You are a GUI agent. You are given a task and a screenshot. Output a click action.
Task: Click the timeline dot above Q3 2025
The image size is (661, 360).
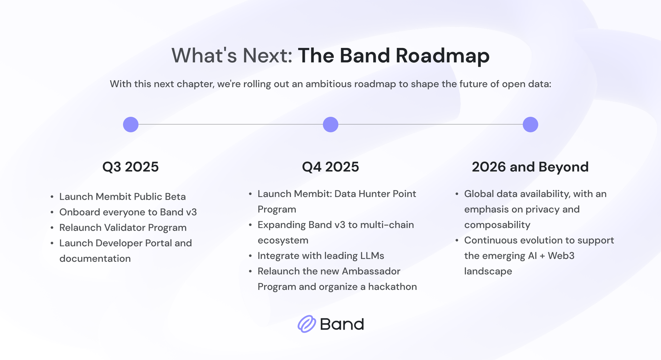[x=131, y=125]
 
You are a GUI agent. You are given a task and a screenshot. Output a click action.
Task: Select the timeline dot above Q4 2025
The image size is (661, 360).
[x=330, y=125]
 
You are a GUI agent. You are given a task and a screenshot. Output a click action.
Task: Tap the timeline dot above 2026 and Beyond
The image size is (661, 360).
[x=530, y=125]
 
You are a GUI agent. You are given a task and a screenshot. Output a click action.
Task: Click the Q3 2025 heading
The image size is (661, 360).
[x=131, y=167]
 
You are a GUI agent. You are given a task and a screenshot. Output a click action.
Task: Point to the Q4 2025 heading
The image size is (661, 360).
[x=330, y=167]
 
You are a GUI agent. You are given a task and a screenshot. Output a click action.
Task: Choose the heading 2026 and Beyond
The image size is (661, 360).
[x=530, y=167]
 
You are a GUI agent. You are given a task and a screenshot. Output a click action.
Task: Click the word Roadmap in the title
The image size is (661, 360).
[x=443, y=56]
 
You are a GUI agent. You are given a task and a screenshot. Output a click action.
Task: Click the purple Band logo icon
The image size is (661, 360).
[x=307, y=324]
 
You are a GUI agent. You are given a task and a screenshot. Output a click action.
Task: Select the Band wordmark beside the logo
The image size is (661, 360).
[x=342, y=324]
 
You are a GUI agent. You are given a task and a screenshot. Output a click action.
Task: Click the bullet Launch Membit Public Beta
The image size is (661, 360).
[x=123, y=197]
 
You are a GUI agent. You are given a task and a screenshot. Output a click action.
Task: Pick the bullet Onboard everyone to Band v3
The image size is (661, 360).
[x=128, y=212]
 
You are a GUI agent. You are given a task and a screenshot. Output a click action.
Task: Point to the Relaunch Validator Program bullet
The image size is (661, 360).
[x=123, y=228]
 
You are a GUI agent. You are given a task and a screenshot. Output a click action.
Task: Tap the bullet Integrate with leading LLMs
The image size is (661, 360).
[x=321, y=256]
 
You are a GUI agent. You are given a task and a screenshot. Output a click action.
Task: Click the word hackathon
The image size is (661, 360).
[x=393, y=287]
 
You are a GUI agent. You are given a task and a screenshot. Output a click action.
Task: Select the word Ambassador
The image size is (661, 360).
[x=371, y=271]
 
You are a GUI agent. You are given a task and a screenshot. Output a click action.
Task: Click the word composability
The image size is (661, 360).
[x=497, y=225]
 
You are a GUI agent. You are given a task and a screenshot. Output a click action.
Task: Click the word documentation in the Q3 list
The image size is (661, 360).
[x=95, y=259]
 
